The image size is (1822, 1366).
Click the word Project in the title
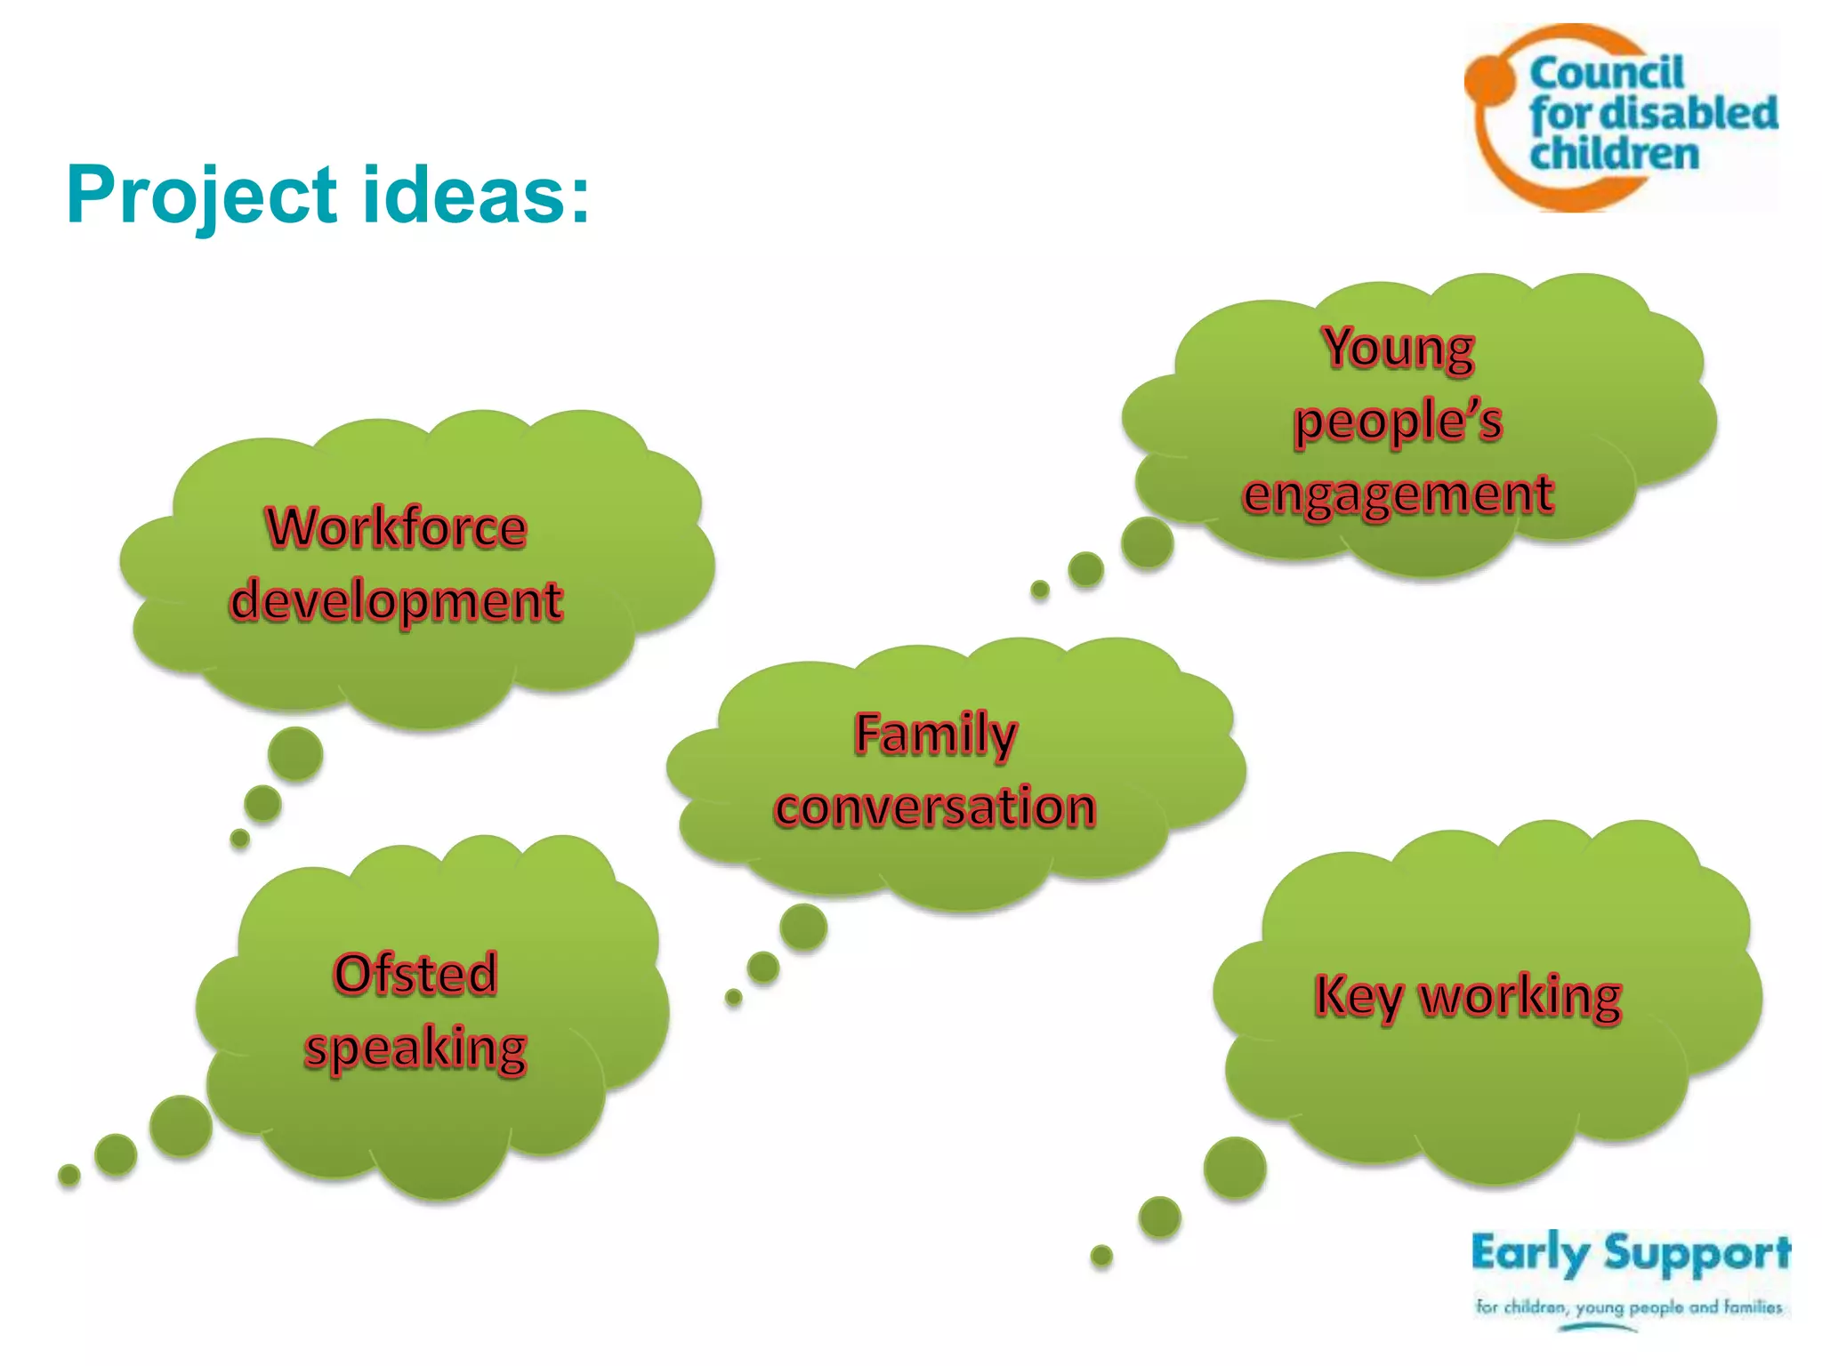pos(202,196)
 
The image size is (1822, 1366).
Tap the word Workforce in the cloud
pos(397,527)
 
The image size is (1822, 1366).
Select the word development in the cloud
pos(397,601)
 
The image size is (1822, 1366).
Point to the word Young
pos(1399,348)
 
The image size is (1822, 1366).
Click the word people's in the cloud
pos(1398,421)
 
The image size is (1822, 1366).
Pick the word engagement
pos(1398,494)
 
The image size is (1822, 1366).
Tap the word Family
pos(935,735)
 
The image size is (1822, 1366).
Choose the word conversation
pos(935,808)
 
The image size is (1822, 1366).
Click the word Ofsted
pos(415,974)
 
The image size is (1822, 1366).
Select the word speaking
pos(415,1048)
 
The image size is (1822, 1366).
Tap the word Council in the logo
pos(1607,73)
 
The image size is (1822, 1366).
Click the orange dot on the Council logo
pos(1490,78)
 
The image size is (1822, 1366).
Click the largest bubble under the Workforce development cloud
pos(295,754)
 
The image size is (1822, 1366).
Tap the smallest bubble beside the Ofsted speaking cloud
pos(69,1176)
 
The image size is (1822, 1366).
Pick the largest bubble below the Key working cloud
pos(1235,1168)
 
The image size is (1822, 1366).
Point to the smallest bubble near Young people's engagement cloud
pos(1040,589)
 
